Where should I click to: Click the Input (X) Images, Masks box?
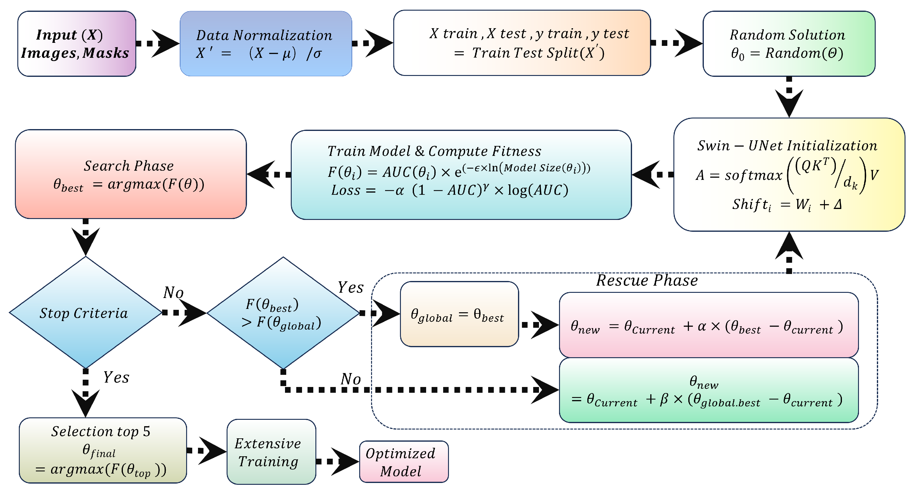coord(77,44)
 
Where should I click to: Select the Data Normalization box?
coord(266,44)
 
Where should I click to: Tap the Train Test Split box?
coord(522,43)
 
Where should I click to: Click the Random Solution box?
coord(789,44)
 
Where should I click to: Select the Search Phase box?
coord(130,174)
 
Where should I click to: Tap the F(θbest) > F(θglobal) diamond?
coord(283,313)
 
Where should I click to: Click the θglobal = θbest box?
coord(459,314)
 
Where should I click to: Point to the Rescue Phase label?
coord(646,280)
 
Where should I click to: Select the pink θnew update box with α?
coord(708,325)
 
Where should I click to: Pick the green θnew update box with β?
coord(708,390)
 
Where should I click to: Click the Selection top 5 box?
coord(103,450)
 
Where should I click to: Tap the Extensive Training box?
coord(271,452)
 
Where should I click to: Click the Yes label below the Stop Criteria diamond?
coord(116,377)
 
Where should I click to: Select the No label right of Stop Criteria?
coord(173,293)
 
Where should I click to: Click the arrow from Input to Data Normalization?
coord(158,43)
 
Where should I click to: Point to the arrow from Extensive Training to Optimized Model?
coord(337,461)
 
